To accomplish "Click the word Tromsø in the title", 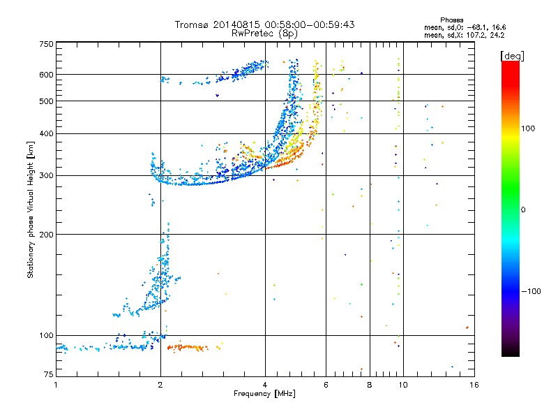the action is tap(193, 24).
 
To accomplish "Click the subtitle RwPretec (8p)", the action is tap(264, 34).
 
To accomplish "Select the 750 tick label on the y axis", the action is tap(46, 44).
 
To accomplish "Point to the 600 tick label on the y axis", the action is tap(46, 75).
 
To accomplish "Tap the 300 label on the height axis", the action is tap(46, 176).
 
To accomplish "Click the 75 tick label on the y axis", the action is tap(49, 374).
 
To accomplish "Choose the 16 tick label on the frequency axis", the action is tap(474, 385).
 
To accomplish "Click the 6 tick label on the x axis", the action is tap(326, 385).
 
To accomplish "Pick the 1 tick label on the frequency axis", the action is tap(56, 385).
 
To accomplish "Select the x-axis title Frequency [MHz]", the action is tap(264, 394).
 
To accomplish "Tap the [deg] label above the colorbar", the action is tap(512, 56).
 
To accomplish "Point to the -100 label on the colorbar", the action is tap(531, 291).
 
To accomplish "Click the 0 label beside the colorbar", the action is tap(523, 210).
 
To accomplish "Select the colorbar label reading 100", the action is tap(528, 128).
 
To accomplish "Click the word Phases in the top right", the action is tap(451, 20).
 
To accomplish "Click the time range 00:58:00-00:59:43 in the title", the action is tap(310, 24).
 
